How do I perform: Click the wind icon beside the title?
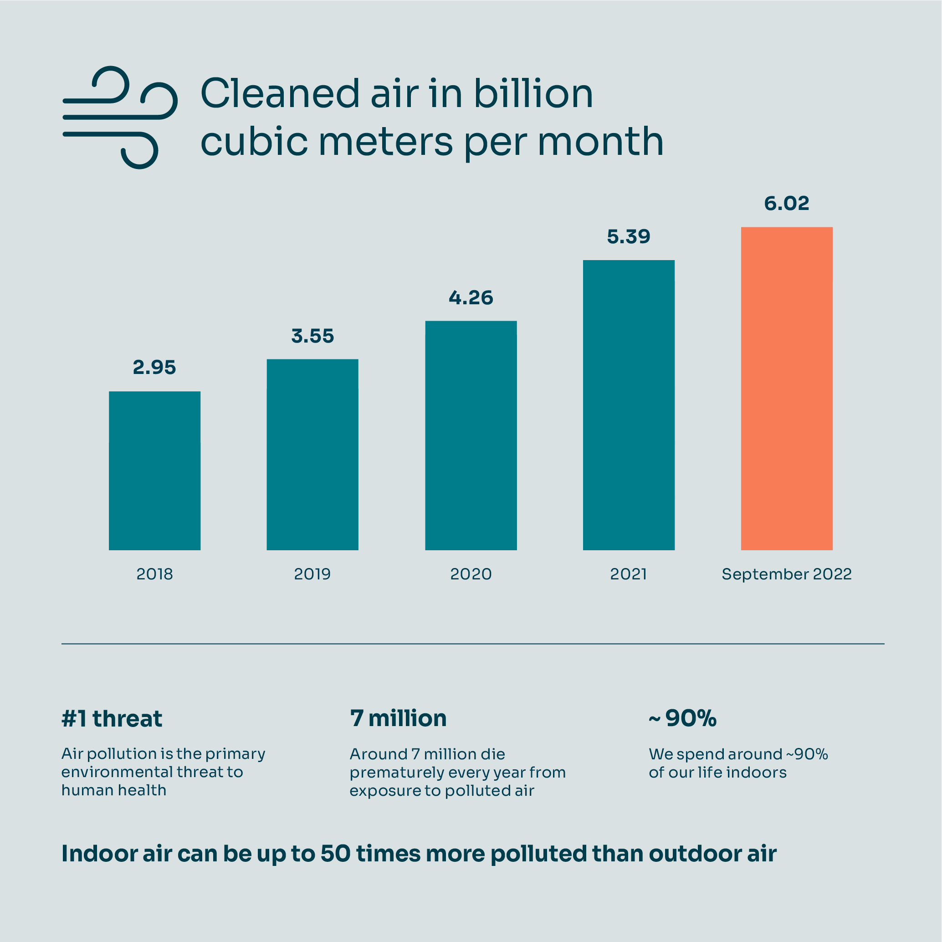point(119,117)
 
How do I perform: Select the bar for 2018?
point(154,471)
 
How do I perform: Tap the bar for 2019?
point(312,455)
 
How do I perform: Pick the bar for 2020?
point(471,435)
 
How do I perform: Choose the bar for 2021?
point(629,404)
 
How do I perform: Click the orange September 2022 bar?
point(787,389)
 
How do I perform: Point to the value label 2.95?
point(154,368)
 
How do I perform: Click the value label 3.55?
point(312,336)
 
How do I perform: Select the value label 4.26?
point(471,298)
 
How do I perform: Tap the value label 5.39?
point(629,237)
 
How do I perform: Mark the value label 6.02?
point(787,203)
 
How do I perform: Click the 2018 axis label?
point(154,574)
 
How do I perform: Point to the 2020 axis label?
point(471,574)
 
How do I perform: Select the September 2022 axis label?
point(787,574)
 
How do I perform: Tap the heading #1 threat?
point(112,719)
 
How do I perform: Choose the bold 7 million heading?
point(398,718)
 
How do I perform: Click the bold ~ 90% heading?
point(683,718)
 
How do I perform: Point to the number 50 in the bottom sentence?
point(335,854)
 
